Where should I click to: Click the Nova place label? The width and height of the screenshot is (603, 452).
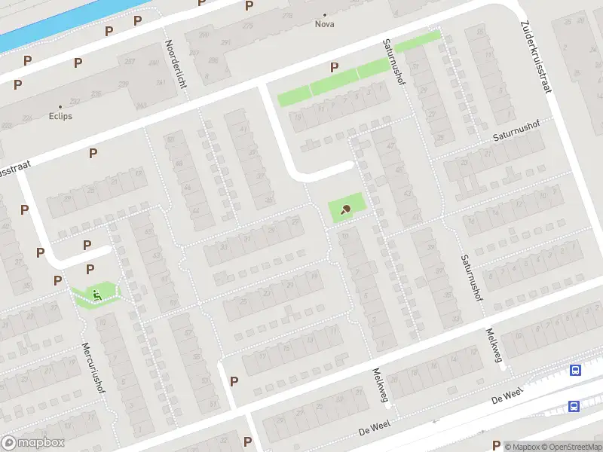coord(325,24)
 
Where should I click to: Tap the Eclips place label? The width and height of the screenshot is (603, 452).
coord(60,116)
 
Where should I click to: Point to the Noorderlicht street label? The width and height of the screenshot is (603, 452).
coord(176,64)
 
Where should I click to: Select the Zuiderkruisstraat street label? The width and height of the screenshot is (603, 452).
coord(536,56)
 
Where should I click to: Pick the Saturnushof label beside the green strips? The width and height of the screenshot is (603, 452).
coord(394,63)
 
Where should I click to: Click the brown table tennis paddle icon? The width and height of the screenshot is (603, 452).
coord(346,209)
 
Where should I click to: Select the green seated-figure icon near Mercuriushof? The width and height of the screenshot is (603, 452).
coord(96,293)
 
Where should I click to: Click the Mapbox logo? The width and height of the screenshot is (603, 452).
coord(33,443)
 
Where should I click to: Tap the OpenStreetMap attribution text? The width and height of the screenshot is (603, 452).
coord(573,447)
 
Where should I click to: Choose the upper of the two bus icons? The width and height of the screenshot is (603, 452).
coord(576,370)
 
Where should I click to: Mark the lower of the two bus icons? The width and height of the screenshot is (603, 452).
coord(574,407)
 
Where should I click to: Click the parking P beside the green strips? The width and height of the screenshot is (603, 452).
coord(334,68)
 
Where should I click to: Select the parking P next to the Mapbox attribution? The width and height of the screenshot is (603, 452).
coord(496,444)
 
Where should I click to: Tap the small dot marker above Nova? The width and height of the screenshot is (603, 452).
coord(325,14)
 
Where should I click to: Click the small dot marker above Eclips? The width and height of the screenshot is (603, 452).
coord(60,106)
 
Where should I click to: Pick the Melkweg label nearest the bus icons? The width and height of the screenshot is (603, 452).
coord(494,345)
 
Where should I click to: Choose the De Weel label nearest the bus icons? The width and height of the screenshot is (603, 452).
coord(507,395)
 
